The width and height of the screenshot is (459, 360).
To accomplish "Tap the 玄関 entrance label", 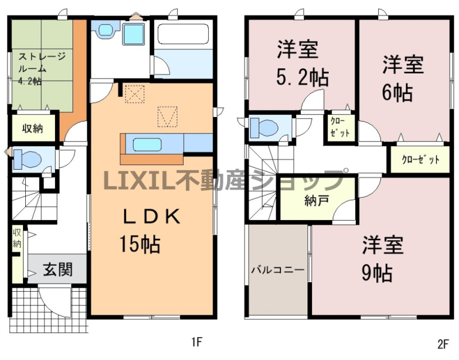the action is [58, 269].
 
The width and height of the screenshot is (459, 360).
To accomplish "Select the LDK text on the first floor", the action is [151, 217].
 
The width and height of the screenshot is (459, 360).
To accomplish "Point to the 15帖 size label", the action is [139, 244].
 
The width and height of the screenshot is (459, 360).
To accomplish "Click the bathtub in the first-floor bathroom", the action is [184, 34].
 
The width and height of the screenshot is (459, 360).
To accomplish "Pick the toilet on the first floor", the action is [27, 159].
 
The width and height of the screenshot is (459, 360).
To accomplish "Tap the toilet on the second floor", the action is [264, 127].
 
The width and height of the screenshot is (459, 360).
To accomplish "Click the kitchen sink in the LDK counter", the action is [147, 144].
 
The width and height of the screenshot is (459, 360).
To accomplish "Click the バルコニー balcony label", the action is [278, 269].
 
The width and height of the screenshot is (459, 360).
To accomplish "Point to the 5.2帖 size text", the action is [302, 78].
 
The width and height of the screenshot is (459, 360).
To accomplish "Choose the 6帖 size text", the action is [397, 92].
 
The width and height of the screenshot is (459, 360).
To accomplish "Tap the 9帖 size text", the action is [377, 273].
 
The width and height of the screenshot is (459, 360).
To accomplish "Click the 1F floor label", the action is [197, 342].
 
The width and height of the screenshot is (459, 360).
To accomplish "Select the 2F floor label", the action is [443, 344].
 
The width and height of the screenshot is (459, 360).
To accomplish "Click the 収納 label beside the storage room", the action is [33, 128].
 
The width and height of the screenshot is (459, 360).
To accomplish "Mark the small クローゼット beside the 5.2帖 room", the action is [340, 128].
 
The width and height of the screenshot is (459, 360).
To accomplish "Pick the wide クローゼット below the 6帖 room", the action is [421, 160].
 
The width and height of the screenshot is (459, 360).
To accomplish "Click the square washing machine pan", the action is [133, 34].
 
